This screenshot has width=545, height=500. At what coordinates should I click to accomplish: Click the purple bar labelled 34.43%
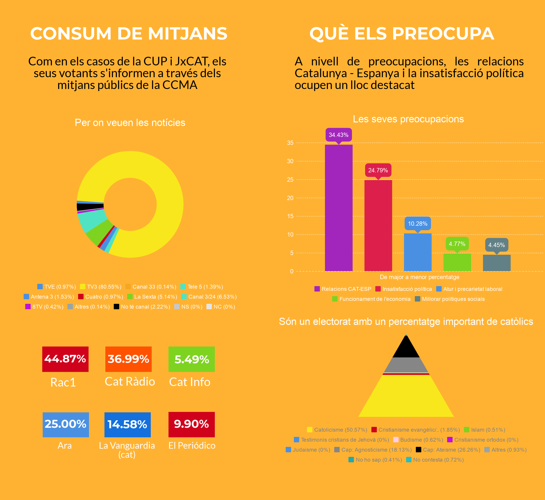(x=339, y=208)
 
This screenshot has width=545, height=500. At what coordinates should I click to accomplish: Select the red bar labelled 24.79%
(x=378, y=225)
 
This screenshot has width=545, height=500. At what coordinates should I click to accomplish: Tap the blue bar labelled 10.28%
(x=418, y=252)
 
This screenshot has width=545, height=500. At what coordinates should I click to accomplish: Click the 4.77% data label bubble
(x=457, y=244)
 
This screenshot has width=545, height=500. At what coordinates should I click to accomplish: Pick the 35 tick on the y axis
(x=290, y=143)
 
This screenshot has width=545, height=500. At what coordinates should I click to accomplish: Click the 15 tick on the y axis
(x=290, y=216)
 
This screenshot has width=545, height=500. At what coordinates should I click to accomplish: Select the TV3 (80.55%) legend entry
(x=101, y=287)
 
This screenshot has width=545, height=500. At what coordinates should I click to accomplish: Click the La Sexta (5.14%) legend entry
(x=152, y=297)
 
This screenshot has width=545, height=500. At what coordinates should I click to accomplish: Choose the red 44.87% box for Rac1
(x=65, y=359)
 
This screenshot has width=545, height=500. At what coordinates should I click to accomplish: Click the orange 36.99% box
(x=128, y=359)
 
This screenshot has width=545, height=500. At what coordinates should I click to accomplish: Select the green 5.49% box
(x=192, y=359)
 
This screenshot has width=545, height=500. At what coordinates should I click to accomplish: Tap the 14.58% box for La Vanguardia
(x=127, y=425)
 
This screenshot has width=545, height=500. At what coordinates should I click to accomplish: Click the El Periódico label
(x=192, y=446)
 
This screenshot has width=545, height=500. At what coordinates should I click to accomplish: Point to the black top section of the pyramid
(x=406, y=348)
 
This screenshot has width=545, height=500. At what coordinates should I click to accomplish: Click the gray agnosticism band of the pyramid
(x=406, y=365)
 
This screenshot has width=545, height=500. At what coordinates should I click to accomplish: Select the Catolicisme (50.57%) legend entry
(x=337, y=430)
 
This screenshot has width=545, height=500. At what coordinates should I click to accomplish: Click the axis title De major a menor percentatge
(x=419, y=277)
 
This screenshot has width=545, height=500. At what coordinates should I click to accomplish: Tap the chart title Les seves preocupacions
(x=408, y=119)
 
